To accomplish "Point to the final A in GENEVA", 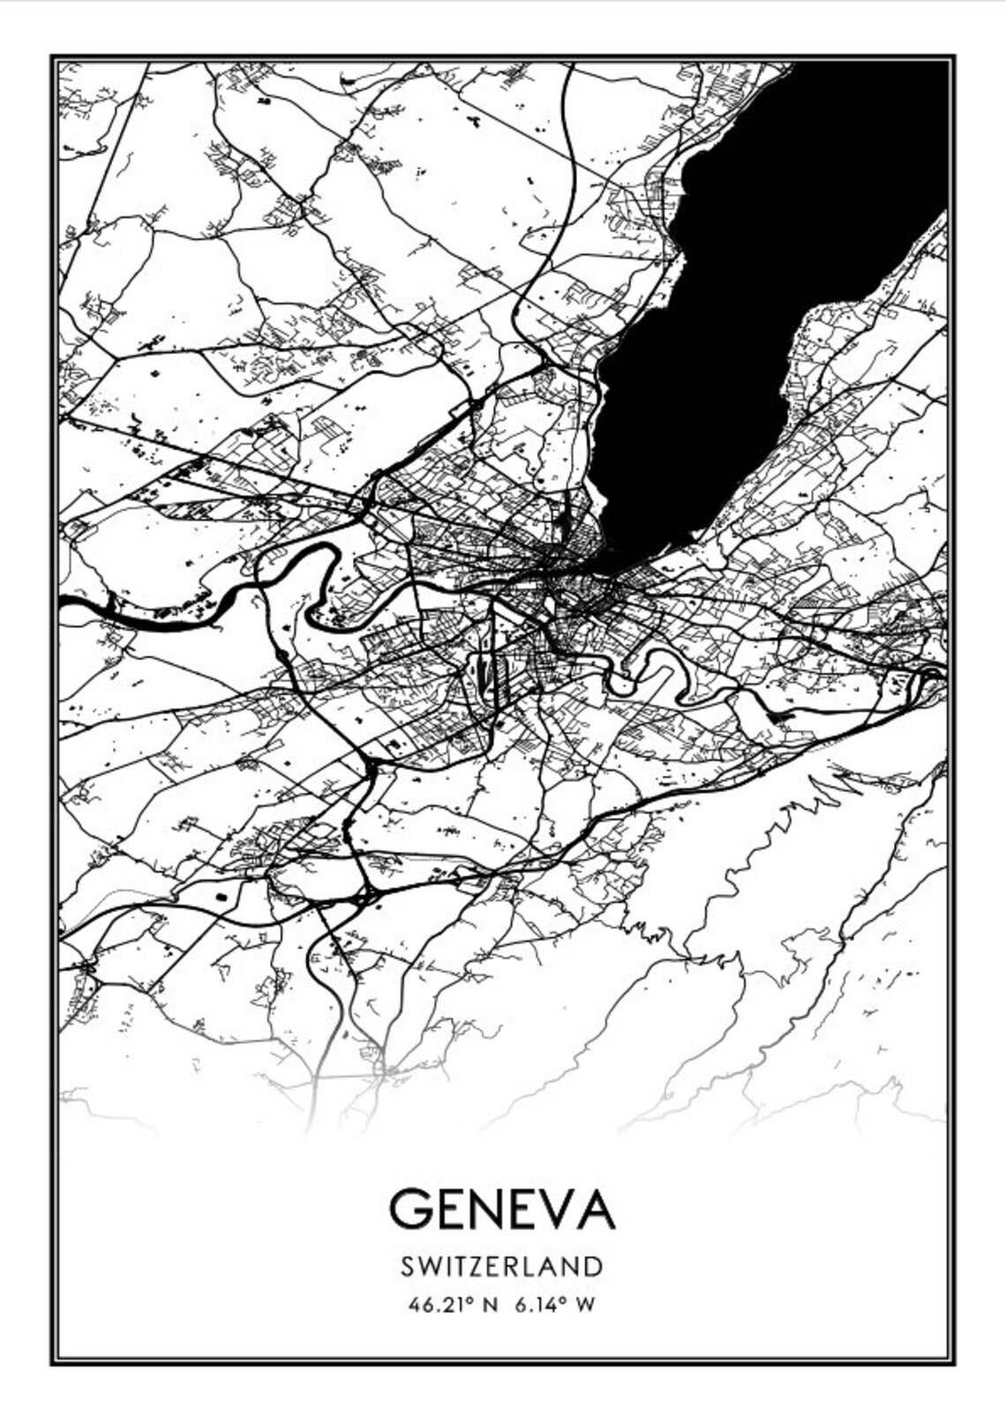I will pos(593,1209).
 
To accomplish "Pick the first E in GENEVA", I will pos(449,1209).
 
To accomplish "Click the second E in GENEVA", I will pos(521,1209).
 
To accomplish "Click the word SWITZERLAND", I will pos(502,1266).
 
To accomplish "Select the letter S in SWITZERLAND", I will pos(407,1266).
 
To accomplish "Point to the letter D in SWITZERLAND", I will pos(593,1266).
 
